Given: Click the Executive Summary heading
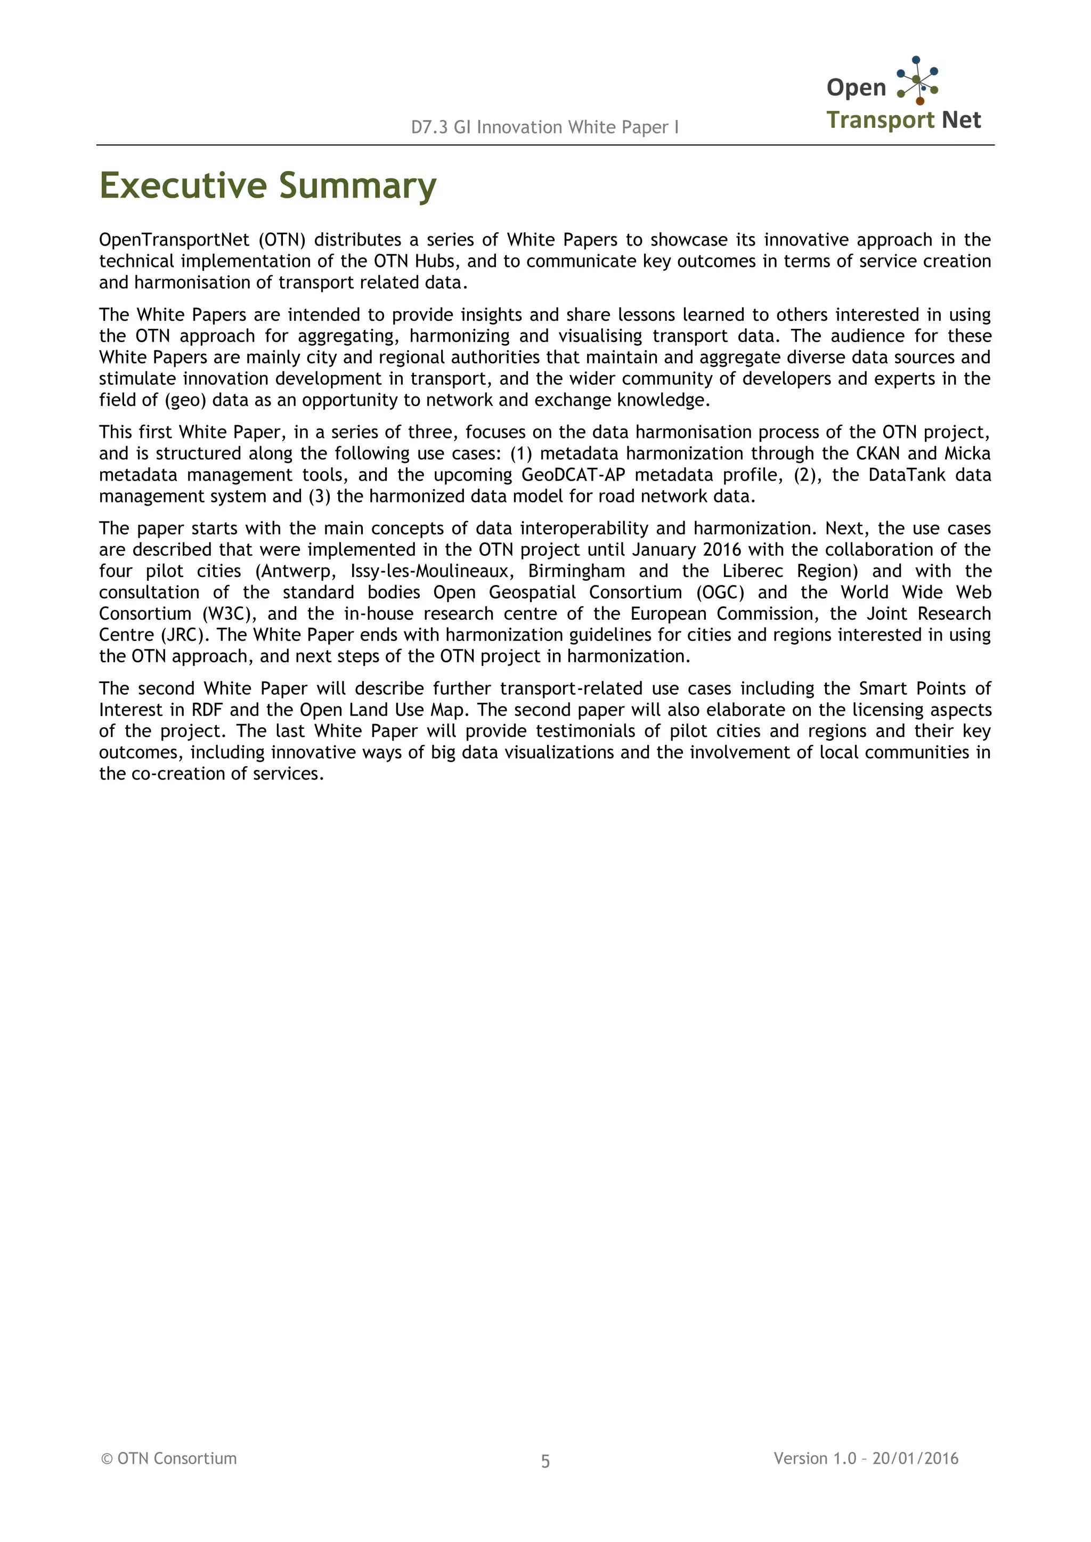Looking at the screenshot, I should click(x=267, y=186).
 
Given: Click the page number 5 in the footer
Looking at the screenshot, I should click(x=545, y=1462).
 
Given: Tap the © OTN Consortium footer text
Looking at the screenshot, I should click(x=169, y=1458).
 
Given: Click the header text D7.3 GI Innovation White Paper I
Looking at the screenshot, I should click(x=545, y=127).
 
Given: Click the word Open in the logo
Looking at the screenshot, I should click(x=856, y=87).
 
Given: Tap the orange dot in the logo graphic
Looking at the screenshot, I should click(x=919, y=101).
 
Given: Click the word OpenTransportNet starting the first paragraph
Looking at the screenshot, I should click(x=174, y=240).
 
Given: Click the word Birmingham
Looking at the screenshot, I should click(x=576, y=571).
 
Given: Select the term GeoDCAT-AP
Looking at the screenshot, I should click(x=573, y=475).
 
